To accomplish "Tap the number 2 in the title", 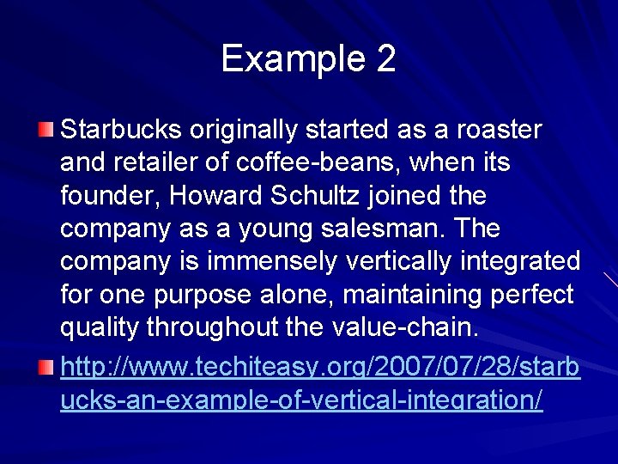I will coord(385,59).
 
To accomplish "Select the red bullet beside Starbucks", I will coord(45,131).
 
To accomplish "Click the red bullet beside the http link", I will coord(45,369).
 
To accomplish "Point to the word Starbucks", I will coord(121,130).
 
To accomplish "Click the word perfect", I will coord(530,295).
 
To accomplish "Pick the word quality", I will coord(100,327).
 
